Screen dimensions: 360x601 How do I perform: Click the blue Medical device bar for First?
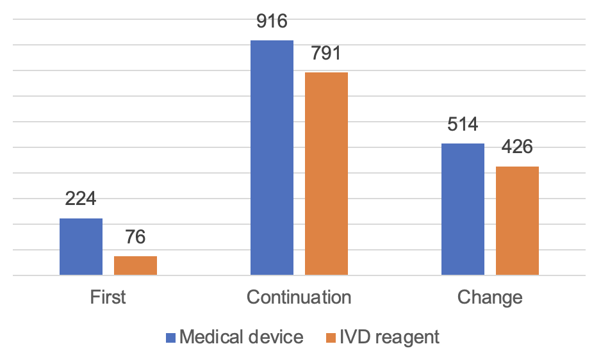point(81,247)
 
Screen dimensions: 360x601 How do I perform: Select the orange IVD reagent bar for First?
point(135,266)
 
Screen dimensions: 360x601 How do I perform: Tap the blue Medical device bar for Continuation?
point(272,158)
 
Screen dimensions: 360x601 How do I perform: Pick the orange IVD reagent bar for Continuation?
point(326,174)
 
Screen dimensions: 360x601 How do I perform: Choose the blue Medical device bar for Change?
point(463,209)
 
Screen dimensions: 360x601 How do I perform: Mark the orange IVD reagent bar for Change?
point(517,221)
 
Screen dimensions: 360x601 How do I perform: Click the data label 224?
point(81,199)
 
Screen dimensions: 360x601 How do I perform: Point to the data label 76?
point(135,237)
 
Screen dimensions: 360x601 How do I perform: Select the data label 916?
point(272,21)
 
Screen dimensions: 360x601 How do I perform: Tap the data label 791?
point(326,53)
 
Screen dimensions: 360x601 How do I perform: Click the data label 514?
point(463,124)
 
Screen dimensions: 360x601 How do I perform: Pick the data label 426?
point(517,147)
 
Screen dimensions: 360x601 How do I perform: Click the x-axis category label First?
point(108,298)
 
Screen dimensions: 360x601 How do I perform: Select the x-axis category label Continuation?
point(299,298)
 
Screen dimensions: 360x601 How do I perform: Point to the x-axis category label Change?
point(490,298)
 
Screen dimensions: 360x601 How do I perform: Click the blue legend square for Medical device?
point(170,338)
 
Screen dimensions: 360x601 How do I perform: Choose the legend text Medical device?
point(242,338)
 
